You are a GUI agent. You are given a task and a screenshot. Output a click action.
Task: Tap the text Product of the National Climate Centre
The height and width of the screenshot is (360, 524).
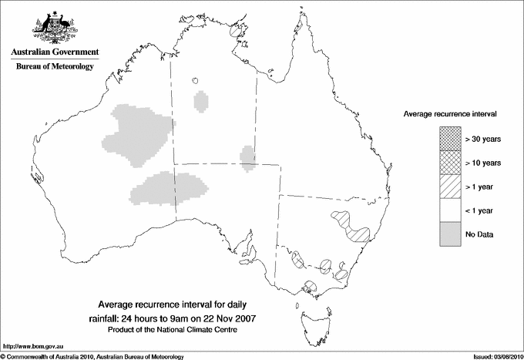178,330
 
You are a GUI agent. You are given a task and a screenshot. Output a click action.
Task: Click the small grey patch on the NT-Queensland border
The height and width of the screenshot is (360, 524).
248,156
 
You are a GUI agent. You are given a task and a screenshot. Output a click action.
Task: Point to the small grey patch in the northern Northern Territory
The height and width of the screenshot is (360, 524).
201,100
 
